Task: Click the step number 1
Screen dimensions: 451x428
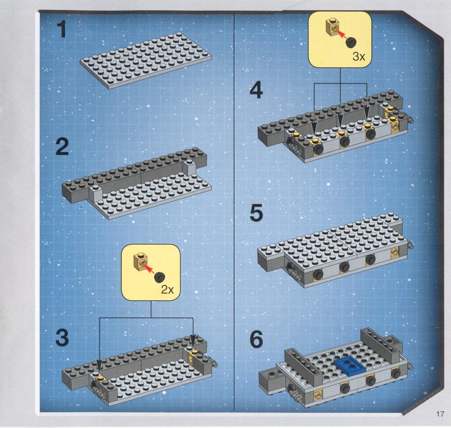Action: pos(62,30)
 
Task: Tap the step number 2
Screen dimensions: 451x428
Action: pos(62,147)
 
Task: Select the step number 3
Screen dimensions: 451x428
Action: pos(62,337)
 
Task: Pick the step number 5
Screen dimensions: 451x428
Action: pos(256,213)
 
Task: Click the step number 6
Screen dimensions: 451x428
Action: pos(256,339)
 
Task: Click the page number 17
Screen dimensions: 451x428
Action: pos(440,414)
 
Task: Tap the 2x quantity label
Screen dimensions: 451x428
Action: pos(168,290)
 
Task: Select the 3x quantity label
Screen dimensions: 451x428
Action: pos(359,57)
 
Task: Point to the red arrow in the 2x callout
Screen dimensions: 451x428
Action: pos(149,269)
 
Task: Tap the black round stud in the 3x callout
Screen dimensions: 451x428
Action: pos(350,42)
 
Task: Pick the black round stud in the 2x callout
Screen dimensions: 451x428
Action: pos(159,277)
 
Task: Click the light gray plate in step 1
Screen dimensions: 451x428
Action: pos(146,61)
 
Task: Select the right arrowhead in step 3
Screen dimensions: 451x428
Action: pos(193,340)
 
